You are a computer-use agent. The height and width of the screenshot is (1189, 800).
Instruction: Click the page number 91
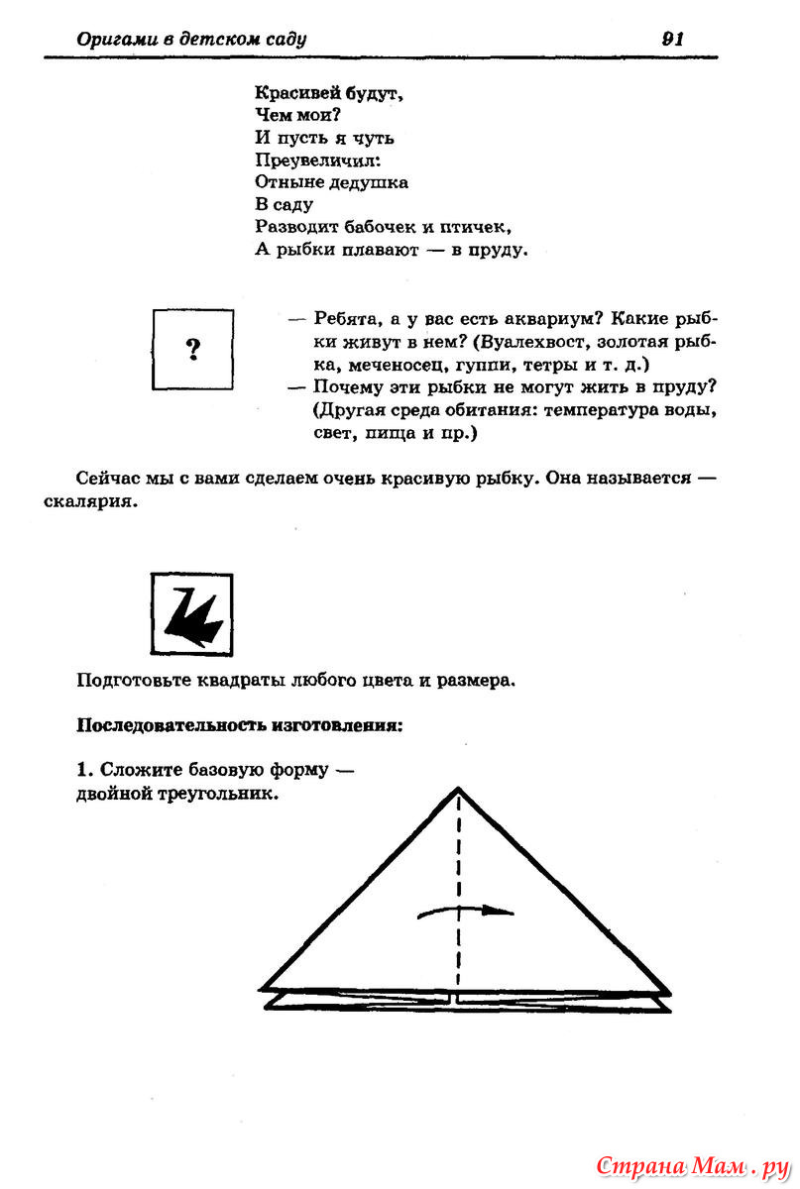coord(672,39)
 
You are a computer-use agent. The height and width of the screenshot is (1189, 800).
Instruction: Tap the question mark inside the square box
coord(193,349)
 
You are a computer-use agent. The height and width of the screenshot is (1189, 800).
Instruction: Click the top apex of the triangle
coord(458,789)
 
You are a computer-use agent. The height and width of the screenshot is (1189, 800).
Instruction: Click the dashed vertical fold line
coord(458,872)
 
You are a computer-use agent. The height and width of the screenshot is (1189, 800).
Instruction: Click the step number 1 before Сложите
coord(83,770)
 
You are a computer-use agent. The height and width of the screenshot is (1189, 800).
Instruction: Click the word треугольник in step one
coord(218,794)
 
